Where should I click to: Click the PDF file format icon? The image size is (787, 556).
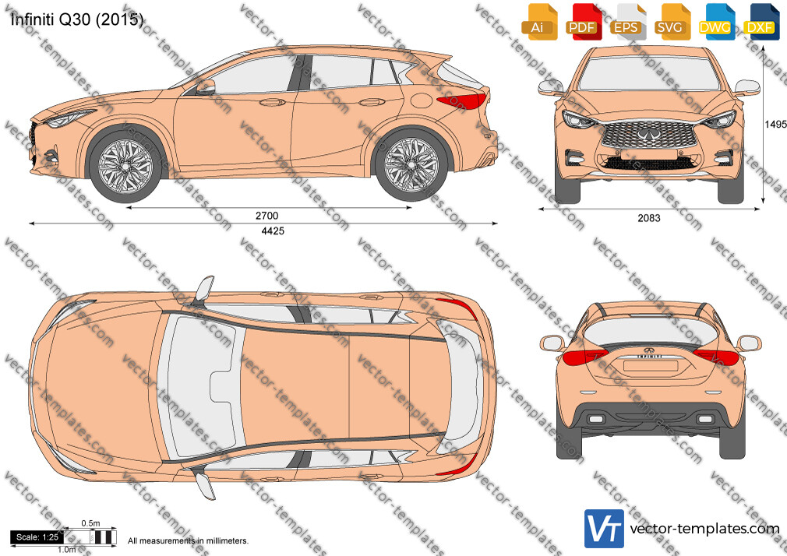coord(582,23)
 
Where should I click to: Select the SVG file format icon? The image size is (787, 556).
coord(671,23)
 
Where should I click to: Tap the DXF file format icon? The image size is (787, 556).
coord(761,23)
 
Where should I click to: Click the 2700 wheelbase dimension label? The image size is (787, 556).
coord(266,216)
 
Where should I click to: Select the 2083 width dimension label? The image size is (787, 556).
coord(649,218)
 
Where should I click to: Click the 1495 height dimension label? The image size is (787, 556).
coord(775,124)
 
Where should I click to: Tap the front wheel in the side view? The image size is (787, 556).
coord(125,165)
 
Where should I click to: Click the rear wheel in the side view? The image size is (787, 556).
coord(411,164)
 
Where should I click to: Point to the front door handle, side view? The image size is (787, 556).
coord(272,102)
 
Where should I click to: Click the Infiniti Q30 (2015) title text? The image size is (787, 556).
coord(76,19)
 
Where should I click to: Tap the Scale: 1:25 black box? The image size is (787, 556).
coord(37,537)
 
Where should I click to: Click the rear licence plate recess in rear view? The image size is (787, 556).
coord(650,366)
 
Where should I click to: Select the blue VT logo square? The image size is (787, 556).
coord(604,529)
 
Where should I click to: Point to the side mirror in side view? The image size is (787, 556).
coord(206,87)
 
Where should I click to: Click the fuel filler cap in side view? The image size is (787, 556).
coord(421,100)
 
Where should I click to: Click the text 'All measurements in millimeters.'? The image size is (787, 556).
coord(188,541)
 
